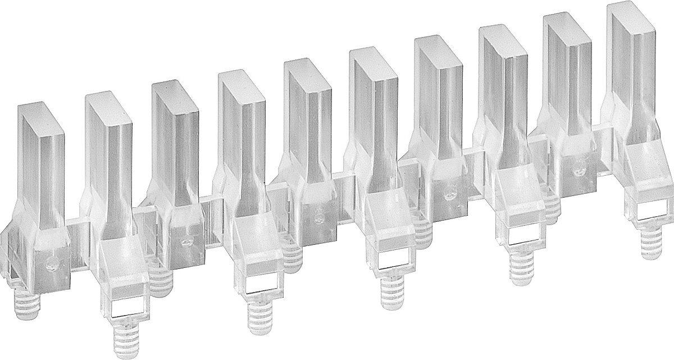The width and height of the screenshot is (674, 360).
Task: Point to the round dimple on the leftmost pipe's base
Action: click(x=52, y=264)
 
